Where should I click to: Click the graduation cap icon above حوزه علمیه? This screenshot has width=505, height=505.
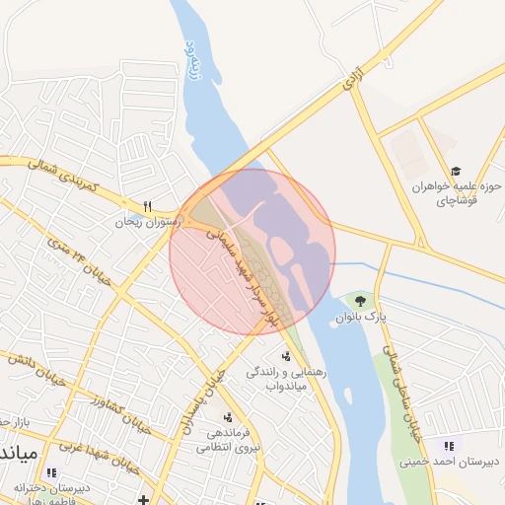coord(456,171)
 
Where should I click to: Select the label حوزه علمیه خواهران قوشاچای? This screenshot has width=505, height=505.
coord(457,192)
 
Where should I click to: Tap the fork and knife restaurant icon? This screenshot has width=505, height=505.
coord(148,207)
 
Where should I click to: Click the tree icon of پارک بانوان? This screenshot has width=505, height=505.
coord(359,300)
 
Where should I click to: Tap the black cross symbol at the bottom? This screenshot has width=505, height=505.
coord(144,499)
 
